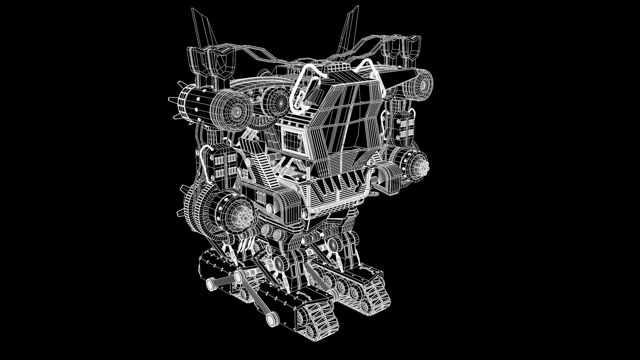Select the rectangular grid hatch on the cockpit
(x=293, y=140)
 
